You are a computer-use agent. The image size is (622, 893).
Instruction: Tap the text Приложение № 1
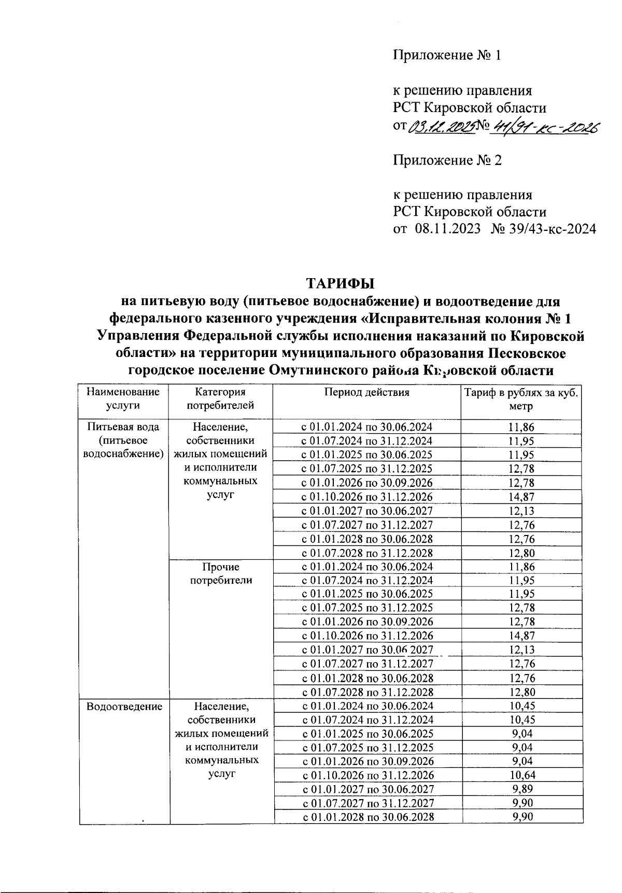pos(447,56)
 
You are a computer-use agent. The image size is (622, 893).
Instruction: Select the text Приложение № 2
pos(447,160)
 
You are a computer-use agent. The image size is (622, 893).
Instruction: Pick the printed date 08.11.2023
pos(447,229)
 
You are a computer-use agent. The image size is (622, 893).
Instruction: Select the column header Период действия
pos(366,393)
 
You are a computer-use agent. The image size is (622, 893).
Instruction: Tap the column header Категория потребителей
pos(221,399)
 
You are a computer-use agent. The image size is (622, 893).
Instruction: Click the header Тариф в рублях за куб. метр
pos(521,399)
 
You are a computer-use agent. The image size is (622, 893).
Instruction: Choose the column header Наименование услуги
pos(123,399)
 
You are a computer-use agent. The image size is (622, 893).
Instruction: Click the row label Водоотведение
pos(124,706)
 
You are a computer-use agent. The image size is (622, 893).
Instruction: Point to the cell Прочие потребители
pos(221,573)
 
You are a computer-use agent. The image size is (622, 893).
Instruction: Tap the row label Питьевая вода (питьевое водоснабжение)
pos(123,441)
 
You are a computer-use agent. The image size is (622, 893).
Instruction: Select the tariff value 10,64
pos(521,776)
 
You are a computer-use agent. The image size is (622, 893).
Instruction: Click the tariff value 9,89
pos(521,790)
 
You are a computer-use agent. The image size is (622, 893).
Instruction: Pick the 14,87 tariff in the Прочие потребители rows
pos(521,636)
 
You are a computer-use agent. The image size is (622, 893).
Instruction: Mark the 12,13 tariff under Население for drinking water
pos(521,511)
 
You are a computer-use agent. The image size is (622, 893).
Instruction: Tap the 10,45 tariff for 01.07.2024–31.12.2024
pos(521,720)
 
